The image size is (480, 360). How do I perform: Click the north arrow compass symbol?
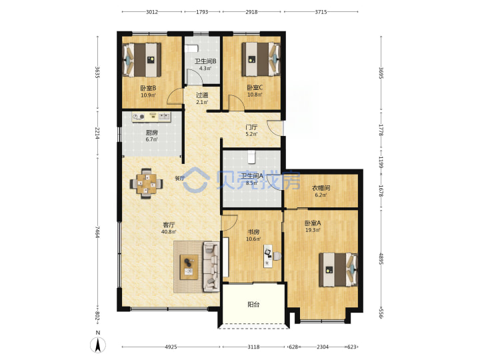[98, 345]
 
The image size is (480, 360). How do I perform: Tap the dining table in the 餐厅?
[146, 184]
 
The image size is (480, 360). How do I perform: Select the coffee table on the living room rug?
[189, 267]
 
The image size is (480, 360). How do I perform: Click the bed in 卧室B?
[142, 60]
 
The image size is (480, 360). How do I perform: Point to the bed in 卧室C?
[261, 59]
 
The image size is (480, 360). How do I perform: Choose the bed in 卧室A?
[338, 270]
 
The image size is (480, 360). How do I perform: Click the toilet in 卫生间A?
[251, 156]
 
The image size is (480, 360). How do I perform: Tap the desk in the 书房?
[269, 256]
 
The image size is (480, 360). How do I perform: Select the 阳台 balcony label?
[253, 305]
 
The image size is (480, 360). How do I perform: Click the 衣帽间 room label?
[321, 188]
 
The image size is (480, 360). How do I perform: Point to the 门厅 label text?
[251, 127]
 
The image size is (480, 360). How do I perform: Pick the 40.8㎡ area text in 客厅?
[169, 232]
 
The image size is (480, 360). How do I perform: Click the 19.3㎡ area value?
[313, 230]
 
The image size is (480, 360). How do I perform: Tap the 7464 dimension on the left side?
[97, 232]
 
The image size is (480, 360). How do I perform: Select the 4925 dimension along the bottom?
[171, 347]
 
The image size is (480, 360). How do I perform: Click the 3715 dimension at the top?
[321, 12]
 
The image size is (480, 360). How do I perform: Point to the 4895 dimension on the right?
[381, 259]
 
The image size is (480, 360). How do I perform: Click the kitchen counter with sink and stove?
[151, 117]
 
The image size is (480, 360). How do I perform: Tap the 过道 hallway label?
[202, 95]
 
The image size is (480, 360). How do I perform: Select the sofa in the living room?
[211, 267]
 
